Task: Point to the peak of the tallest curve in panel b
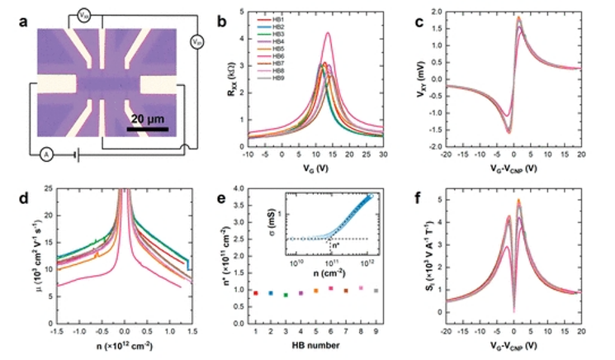pos(329,33)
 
